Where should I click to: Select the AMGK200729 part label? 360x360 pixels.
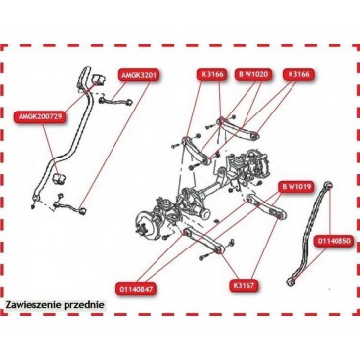click(37, 116)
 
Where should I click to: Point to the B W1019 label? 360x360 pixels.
click(296, 187)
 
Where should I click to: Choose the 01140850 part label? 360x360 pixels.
click(334, 242)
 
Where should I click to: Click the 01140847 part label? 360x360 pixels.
click(136, 289)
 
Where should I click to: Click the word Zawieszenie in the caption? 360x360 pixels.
click(31, 304)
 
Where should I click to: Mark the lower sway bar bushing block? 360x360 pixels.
click(59, 178)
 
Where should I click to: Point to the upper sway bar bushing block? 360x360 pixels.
click(97, 79)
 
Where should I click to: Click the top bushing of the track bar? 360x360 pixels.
click(328, 185)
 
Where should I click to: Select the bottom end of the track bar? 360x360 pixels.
click(290, 281)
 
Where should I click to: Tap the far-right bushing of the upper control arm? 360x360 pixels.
click(255, 134)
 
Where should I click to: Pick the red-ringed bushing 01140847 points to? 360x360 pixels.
click(187, 233)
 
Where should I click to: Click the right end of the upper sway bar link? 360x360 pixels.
click(129, 102)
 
